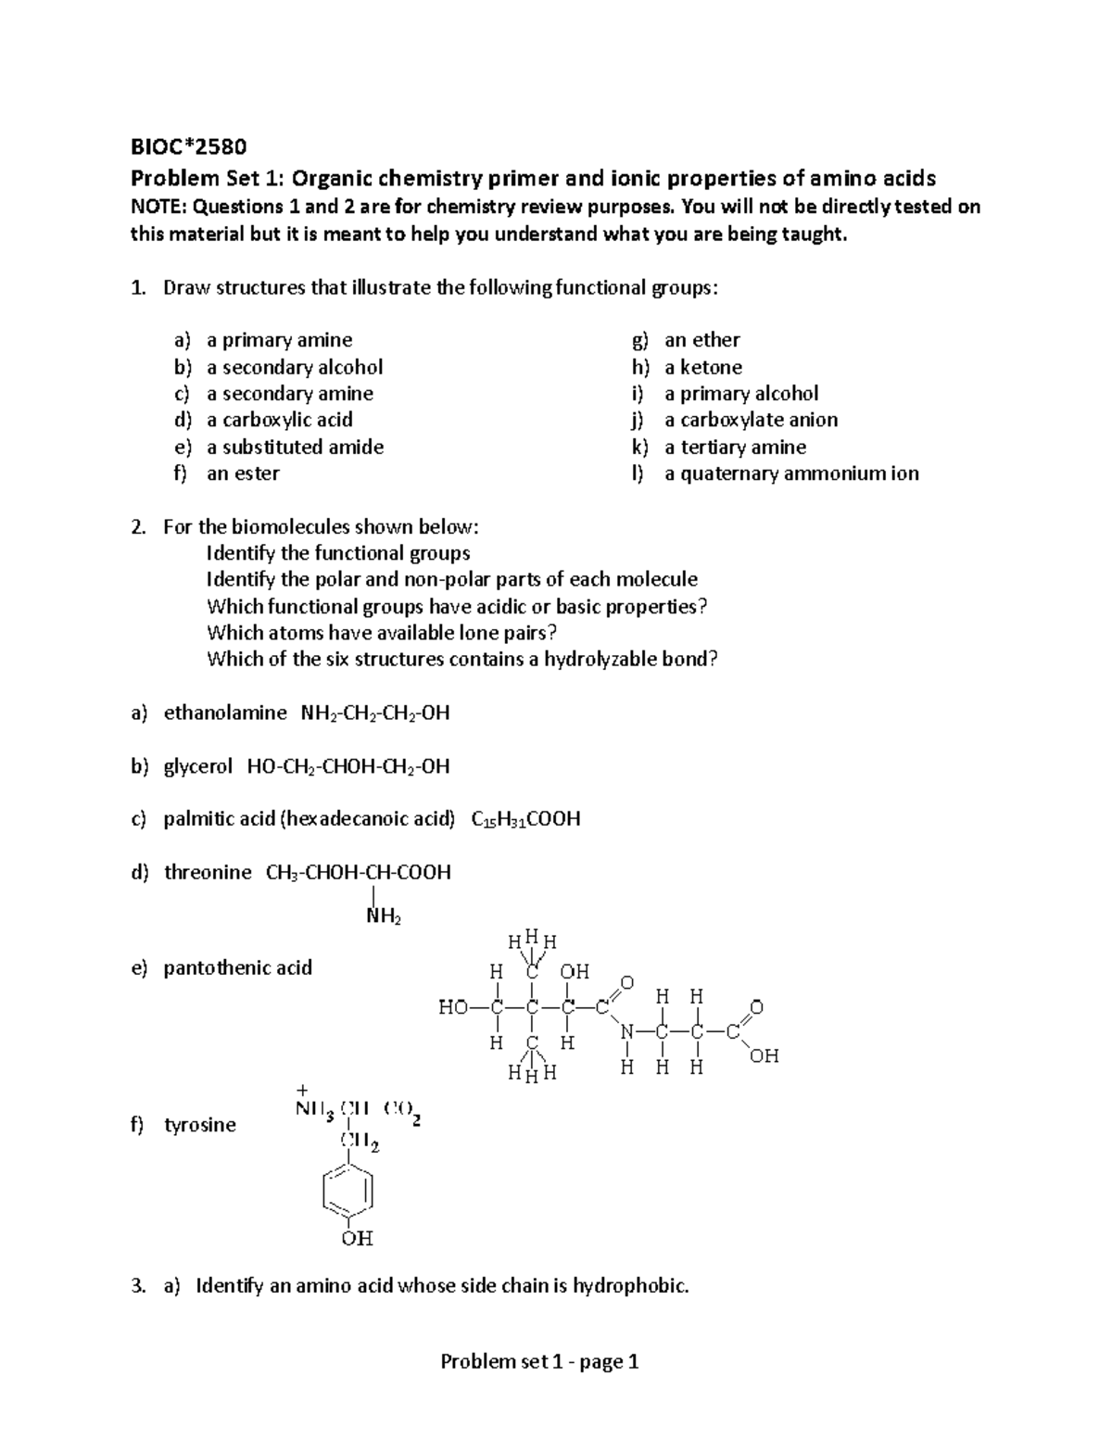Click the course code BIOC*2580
click(x=189, y=146)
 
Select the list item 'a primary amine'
click(x=279, y=340)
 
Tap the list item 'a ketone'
click(x=703, y=367)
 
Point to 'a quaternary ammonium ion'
click(x=791, y=473)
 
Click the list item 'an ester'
click(x=243, y=473)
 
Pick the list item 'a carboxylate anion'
click(x=751, y=420)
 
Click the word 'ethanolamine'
click(x=225, y=713)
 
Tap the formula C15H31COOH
click(x=525, y=819)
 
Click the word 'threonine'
click(x=208, y=872)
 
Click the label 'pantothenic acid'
click(x=237, y=967)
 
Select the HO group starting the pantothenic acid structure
click(x=454, y=1007)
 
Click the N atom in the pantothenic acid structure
click(x=628, y=1031)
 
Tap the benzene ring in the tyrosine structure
click(x=348, y=1189)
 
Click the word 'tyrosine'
click(x=199, y=1125)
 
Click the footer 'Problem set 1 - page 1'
click(x=539, y=1361)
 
